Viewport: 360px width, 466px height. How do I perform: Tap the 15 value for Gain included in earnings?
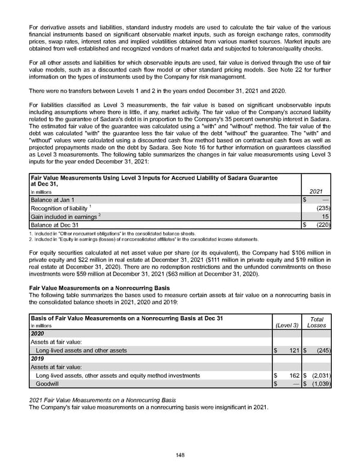point(325,217)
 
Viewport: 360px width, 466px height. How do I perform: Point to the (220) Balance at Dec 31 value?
point(322,226)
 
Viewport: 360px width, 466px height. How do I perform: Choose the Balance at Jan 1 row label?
point(52,199)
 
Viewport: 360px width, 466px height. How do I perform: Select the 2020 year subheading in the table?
point(38,333)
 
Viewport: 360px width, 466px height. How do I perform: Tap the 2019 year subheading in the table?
point(38,359)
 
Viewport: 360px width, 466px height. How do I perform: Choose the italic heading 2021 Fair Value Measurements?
point(103,399)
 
